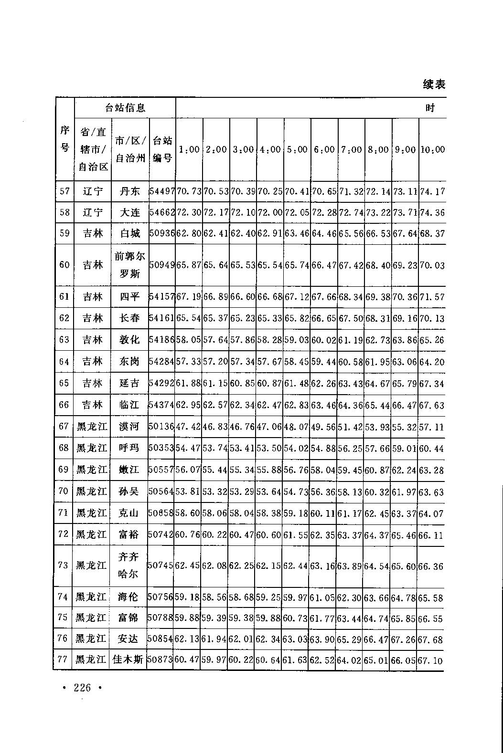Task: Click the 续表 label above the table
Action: coord(434,84)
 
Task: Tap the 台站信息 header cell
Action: coord(125,108)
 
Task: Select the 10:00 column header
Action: coord(432,149)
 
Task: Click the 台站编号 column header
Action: coord(162,149)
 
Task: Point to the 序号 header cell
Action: coord(64,139)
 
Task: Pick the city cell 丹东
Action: coord(129,192)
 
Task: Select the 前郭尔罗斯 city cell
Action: coord(129,265)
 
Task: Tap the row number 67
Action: coord(64,426)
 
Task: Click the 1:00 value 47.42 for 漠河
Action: coord(188,426)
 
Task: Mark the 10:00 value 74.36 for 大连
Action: coord(432,212)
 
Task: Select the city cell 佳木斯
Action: coord(128,660)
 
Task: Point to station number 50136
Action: coord(161,426)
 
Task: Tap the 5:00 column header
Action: coord(297,149)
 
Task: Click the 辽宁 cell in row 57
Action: coord(93,192)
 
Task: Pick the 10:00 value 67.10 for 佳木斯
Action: coord(430,660)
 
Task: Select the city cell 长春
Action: coord(129,318)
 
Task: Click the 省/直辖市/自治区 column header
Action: coord(93,149)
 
